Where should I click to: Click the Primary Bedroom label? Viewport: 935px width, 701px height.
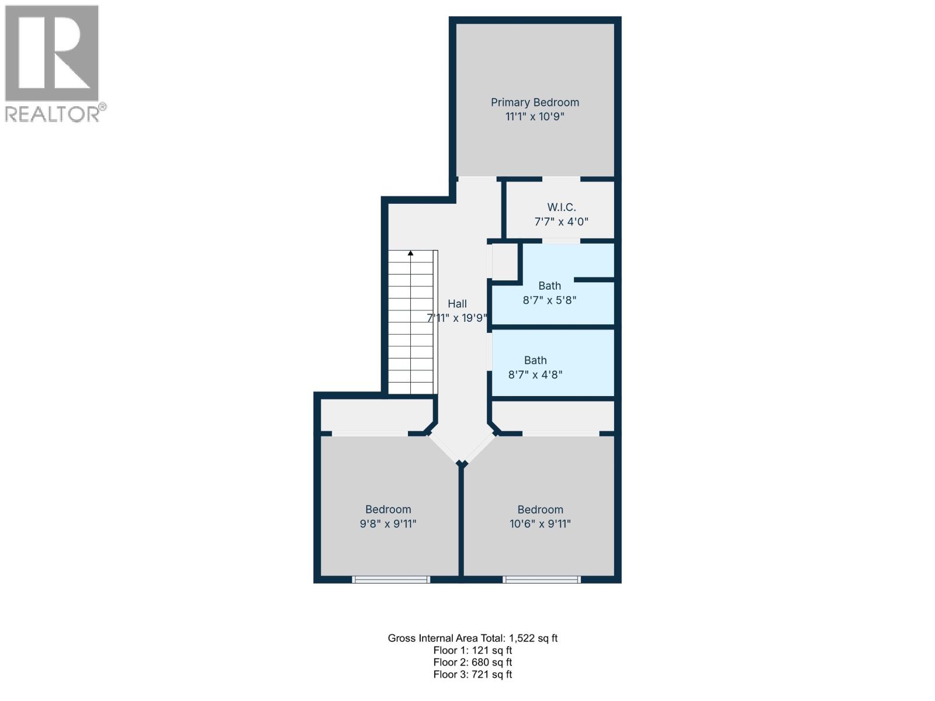[535, 102]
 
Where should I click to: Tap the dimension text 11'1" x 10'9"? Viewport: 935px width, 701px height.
[535, 116]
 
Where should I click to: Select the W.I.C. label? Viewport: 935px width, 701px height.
[561, 207]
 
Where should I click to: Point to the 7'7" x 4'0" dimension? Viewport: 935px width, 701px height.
[561, 221]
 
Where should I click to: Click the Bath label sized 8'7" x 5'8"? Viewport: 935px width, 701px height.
[549, 286]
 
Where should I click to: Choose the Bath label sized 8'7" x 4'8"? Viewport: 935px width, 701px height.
[535, 360]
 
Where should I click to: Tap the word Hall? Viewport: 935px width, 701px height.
[457, 304]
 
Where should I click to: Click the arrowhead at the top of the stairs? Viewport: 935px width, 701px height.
[411, 254]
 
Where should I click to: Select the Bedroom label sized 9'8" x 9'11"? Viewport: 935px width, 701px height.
[388, 509]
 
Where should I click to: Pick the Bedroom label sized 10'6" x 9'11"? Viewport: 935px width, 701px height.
[540, 509]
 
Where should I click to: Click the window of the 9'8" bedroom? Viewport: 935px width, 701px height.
[391, 579]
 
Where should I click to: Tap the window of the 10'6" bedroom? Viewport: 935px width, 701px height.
[542, 579]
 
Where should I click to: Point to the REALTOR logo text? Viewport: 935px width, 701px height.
[53, 114]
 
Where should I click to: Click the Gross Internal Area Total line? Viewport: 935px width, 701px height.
[473, 638]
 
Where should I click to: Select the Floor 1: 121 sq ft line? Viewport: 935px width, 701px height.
[473, 650]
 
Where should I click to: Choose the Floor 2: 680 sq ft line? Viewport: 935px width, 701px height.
[473, 662]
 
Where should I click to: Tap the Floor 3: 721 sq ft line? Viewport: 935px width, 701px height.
[473, 674]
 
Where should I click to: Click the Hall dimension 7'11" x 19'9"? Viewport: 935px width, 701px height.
[457, 318]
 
